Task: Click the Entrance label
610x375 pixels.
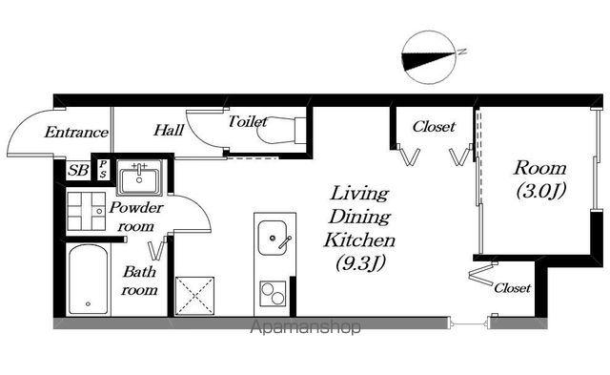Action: click(x=76, y=132)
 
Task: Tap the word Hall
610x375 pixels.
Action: click(x=169, y=130)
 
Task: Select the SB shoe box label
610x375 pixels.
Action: click(x=78, y=170)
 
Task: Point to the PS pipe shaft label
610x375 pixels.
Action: click(x=102, y=169)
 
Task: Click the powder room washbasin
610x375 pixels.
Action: click(x=139, y=178)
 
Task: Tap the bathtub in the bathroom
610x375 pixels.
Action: click(x=88, y=280)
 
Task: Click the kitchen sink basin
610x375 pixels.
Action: click(x=274, y=238)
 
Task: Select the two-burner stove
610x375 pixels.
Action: click(x=273, y=293)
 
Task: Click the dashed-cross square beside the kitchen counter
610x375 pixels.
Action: click(x=194, y=296)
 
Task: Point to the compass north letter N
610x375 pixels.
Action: click(x=461, y=52)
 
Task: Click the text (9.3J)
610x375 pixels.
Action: click(x=360, y=262)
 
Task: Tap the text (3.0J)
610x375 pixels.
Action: click(x=540, y=191)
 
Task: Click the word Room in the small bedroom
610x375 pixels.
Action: click(x=540, y=168)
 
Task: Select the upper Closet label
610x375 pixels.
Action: click(x=434, y=126)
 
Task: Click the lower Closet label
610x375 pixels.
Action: click(x=513, y=288)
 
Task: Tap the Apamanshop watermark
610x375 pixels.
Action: click(x=305, y=327)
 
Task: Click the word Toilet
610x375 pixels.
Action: click(x=248, y=121)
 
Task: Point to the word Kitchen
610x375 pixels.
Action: click(x=360, y=240)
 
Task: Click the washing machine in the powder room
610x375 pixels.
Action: click(x=87, y=211)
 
